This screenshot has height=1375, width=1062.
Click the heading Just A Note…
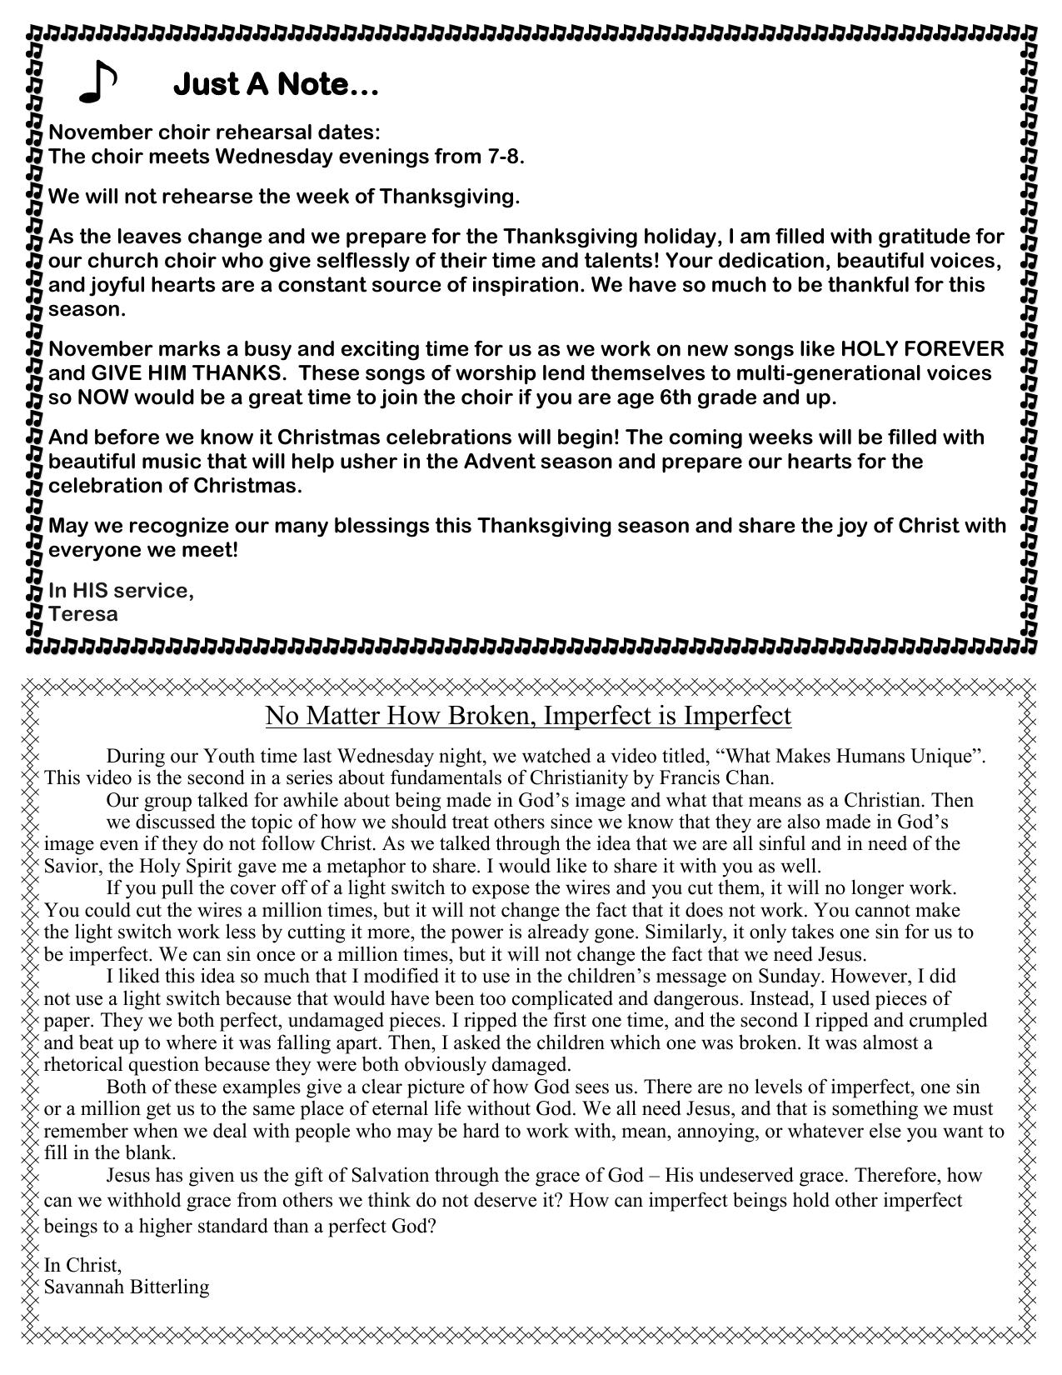(276, 84)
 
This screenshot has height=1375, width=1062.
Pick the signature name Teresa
(83, 614)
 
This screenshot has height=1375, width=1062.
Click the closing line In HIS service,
(121, 590)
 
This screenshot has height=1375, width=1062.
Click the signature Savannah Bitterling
(127, 1286)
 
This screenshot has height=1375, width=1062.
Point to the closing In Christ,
(82, 1264)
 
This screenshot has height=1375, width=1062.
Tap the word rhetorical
(84, 1064)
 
